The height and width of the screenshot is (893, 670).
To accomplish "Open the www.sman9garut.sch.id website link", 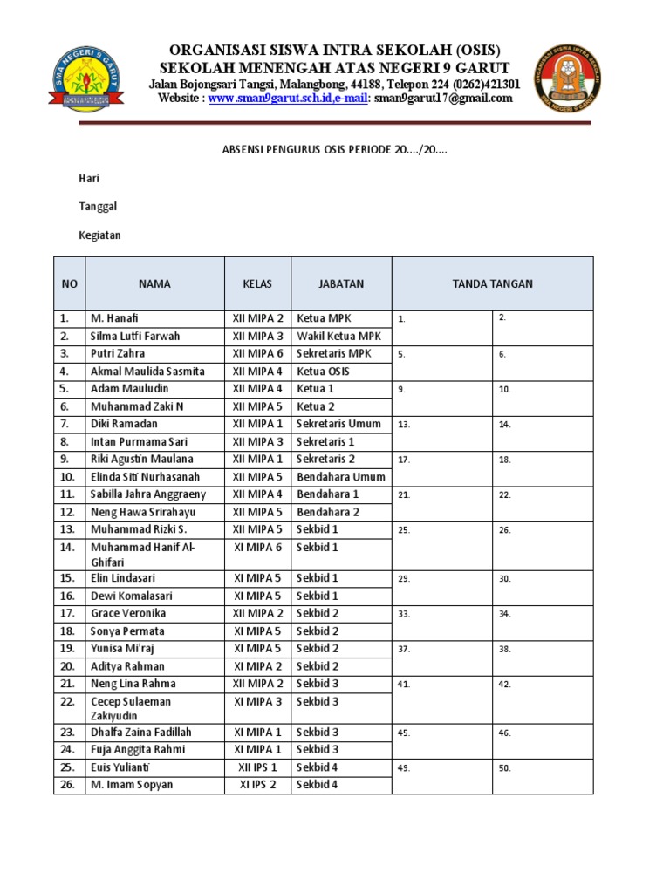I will [273, 99].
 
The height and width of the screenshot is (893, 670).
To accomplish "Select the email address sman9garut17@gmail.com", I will [443, 99].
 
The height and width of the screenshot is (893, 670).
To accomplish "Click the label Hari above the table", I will [90, 178].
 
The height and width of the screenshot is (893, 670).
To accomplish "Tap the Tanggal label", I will [98, 207].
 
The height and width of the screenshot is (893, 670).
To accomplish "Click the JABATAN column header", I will [341, 283].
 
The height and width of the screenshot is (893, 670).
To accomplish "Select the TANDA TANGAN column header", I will [492, 283].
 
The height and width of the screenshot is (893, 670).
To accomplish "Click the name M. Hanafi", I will [114, 318].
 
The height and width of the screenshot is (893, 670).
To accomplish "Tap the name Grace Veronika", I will [128, 613].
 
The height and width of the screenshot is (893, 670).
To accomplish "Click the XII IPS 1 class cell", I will [257, 767].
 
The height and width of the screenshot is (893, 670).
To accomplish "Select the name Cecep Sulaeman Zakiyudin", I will [131, 708].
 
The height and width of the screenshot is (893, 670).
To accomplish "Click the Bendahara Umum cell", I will [340, 477].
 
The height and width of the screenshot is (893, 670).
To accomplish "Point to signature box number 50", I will [543, 776].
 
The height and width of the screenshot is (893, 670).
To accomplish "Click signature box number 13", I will [441, 433].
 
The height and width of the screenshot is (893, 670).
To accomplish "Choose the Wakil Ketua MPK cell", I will [338, 336].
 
